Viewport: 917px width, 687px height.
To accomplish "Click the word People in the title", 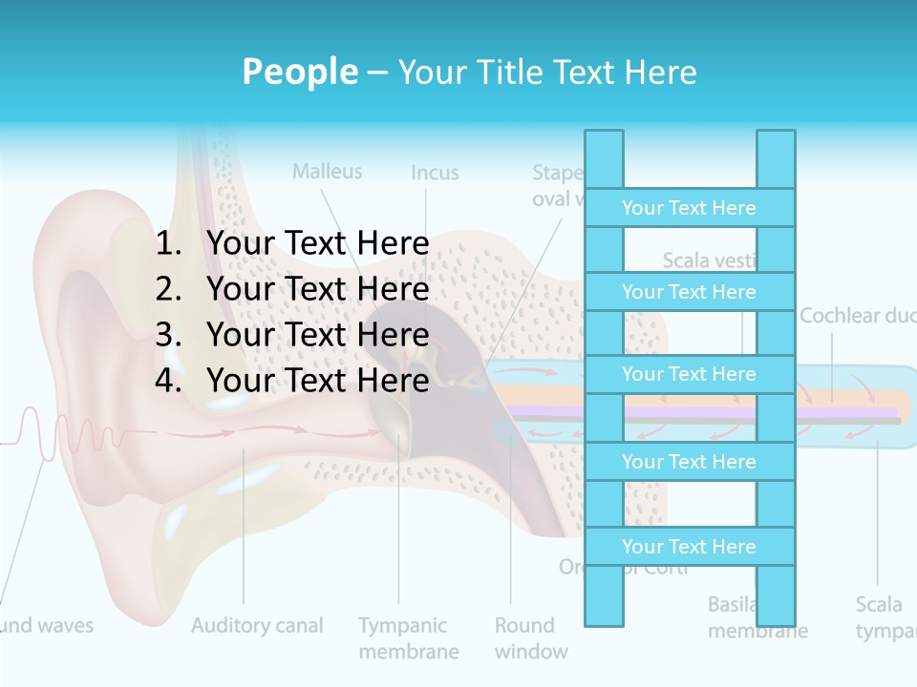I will point(299,72).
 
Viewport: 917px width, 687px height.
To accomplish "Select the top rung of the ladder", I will point(689,207).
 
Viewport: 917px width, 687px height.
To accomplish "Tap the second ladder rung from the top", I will point(689,291).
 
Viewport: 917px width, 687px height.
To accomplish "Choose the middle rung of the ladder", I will point(689,374).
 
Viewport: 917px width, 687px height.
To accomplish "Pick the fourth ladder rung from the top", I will point(689,461).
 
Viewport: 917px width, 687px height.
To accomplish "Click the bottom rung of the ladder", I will point(689,546).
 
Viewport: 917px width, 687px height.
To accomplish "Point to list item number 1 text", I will point(317,243).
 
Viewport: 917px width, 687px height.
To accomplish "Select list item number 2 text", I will point(317,288).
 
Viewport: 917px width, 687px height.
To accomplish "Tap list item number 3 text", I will point(317,334).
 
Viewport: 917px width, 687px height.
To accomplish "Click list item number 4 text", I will point(317,380).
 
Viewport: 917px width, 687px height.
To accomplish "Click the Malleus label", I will point(327,172).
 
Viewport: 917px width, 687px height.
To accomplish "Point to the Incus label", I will point(435,173).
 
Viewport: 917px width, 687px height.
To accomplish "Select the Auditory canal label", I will point(257,626).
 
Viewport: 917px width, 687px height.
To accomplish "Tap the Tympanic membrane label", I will point(408,638).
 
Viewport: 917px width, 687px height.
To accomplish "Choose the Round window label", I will point(530,638).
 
